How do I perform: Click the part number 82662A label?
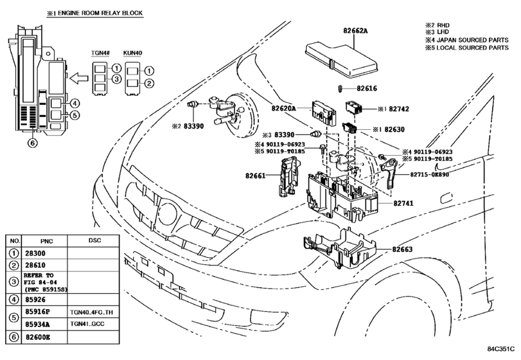[355, 31]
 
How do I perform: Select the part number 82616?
[367, 89]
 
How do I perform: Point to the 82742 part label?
[399, 109]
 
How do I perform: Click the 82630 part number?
[394, 129]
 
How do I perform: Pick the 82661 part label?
[256, 175]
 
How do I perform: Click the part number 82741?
[403, 203]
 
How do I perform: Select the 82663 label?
[402, 249]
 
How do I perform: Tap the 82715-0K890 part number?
[429, 174]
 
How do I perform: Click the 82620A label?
[283, 109]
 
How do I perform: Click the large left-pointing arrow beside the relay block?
[79, 78]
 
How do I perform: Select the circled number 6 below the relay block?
[32, 143]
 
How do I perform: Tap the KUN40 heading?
[132, 53]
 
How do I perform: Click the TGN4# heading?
[100, 53]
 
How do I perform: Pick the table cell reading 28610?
[35, 265]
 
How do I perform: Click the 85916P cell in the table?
[37, 312]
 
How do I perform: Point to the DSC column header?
[94, 240]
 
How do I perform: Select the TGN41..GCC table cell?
[87, 324]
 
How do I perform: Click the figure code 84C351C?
[500, 349]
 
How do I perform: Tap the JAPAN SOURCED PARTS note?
[472, 40]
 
